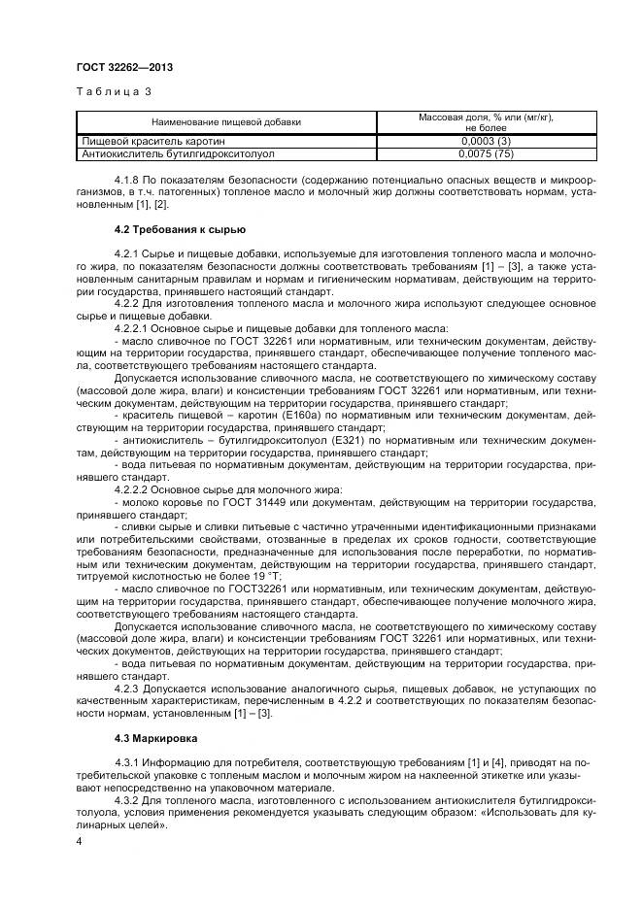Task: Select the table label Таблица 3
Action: tap(113, 92)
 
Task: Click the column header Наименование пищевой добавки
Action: tap(225, 122)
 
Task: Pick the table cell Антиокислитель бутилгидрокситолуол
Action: tap(179, 153)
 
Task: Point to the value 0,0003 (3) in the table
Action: tap(486, 142)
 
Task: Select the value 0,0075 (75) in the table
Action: tap(486, 153)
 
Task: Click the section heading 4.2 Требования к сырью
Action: tap(180, 229)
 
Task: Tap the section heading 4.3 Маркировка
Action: tap(157, 739)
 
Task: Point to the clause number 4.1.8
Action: tap(127, 182)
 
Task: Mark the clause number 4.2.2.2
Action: tap(133, 489)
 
